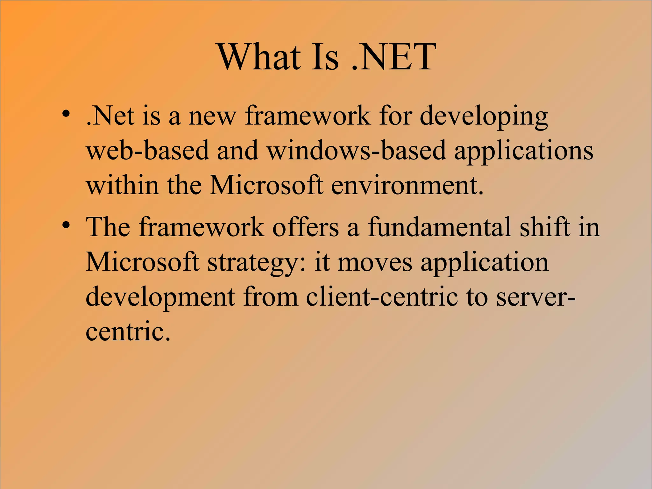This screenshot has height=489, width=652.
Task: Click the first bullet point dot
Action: [x=66, y=114]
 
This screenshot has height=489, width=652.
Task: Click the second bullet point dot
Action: [x=66, y=225]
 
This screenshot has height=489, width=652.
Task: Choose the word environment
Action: [x=407, y=185]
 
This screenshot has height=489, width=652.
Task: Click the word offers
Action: [x=305, y=227]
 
